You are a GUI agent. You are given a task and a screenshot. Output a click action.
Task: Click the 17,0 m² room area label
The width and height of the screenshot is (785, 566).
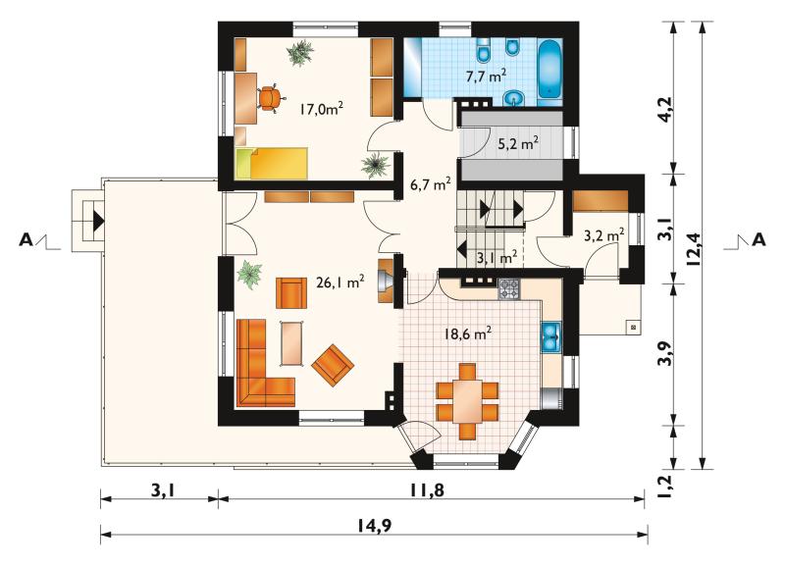tap(322, 108)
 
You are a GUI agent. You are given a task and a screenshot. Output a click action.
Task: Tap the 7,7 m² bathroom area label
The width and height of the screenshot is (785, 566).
tap(486, 77)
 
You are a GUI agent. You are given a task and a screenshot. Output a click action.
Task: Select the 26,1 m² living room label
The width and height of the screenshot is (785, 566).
tap(340, 283)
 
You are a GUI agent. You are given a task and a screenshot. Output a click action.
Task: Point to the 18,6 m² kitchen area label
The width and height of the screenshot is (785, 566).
tap(468, 334)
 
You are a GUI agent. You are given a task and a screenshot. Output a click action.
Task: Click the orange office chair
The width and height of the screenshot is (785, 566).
tap(269, 97)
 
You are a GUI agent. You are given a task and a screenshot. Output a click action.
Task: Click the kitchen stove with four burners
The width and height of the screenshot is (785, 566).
tap(509, 289)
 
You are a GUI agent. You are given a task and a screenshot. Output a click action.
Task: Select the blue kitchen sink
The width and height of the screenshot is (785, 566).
tap(550, 337)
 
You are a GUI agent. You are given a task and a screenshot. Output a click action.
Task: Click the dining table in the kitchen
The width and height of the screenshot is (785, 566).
tap(468, 402)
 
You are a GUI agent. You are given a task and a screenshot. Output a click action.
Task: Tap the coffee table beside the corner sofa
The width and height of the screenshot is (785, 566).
tap(291, 343)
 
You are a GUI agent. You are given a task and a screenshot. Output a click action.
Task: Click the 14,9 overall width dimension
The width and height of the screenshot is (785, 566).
tap(375, 525)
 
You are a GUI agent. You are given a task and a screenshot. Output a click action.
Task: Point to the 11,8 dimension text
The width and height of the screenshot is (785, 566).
tap(427, 490)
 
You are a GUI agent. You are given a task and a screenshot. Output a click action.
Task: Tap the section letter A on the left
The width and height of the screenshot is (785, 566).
tap(26, 240)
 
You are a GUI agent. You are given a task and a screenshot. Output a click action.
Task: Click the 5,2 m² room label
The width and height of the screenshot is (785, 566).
tap(518, 144)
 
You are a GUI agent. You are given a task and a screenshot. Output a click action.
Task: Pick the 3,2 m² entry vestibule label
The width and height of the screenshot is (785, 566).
tap(604, 234)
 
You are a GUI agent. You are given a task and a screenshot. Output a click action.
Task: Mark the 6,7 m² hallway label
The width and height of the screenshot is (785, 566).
tap(430, 184)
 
